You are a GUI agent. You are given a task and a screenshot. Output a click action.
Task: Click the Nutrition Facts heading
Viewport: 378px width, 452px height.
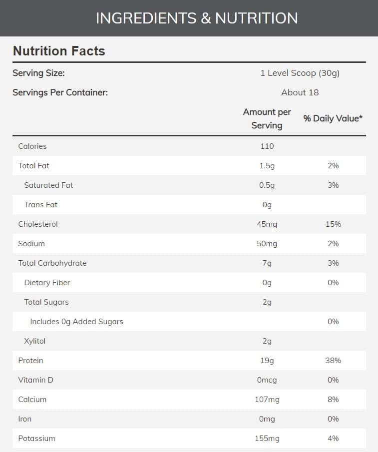pyautogui.click(x=59, y=51)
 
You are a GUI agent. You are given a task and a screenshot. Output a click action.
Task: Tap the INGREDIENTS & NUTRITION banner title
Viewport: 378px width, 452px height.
pyautogui.click(x=197, y=18)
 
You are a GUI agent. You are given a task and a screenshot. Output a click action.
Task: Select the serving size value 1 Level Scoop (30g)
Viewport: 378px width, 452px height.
pyautogui.click(x=300, y=73)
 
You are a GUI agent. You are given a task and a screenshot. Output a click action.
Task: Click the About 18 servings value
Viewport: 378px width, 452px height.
pyautogui.click(x=300, y=92)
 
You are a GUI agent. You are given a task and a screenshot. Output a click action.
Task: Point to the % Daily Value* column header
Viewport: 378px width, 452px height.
pyautogui.click(x=333, y=118)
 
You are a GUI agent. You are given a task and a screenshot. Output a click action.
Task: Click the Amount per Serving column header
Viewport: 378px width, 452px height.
pyautogui.click(x=267, y=119)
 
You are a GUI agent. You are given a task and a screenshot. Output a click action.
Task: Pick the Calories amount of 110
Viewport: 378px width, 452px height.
pyautogui.click(x=267, y=146)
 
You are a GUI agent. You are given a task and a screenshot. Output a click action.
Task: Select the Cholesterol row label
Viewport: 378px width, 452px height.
pyautogui.click(x=38, y=224)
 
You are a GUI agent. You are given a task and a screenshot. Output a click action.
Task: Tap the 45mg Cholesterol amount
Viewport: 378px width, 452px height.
pyautogui.click(x=267, y=224)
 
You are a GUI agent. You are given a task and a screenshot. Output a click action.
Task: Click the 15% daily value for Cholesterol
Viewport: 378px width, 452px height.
pyautogui.click(x=333, y=224)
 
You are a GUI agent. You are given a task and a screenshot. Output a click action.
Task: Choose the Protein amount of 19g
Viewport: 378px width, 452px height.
pyautogui.click(x=267, y=361)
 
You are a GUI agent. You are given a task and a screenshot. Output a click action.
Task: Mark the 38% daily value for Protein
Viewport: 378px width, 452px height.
pyautogui.click(x=333, y=361)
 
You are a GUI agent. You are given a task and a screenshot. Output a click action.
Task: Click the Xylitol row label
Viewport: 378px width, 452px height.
pyautogui.click(x=35, y=341)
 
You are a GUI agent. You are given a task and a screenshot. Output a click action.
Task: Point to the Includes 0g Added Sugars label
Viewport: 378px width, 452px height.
pyautogui.click(x=76, y=322)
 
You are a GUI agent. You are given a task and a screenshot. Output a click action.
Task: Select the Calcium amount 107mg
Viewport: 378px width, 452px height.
pyautogui.click(x=267, y=400)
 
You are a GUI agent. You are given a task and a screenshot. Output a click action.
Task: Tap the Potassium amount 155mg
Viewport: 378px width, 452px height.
pyautogui.click(x=267, y=439)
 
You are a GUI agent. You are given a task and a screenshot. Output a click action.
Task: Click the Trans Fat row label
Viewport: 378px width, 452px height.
pyautogui.click(x=40, y=205)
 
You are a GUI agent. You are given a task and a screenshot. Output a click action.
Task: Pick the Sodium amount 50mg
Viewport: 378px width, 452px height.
pyautogui.click(x=267, y=244)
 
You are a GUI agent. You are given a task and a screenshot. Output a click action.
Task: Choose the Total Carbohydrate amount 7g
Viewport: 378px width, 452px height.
pyautogui.click(x=267, y=263)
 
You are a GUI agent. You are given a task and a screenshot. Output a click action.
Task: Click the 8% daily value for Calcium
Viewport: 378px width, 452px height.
pyautogui.click(x=333, y=400)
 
